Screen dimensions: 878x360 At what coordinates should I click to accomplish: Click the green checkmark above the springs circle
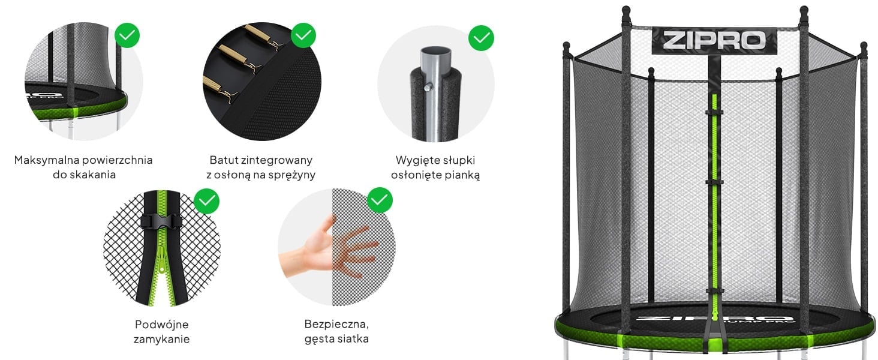(303, 35)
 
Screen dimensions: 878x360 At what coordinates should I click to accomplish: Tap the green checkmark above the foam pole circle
(481, 38)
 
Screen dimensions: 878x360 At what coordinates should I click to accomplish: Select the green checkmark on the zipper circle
(206, 201)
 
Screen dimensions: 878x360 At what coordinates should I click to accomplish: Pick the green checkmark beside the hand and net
(380, 200)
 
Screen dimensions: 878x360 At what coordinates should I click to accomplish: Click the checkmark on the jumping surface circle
(127, 35)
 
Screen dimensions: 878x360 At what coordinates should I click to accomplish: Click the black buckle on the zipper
(161, 223)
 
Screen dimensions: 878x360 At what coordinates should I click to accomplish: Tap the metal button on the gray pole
(428, 87)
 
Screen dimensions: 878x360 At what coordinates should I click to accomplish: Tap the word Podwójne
(161, 325)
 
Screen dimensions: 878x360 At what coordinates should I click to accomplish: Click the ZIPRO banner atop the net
(714, 40)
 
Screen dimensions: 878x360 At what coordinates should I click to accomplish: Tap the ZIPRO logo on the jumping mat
(714, 319)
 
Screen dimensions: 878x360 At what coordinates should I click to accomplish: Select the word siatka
(351, 339)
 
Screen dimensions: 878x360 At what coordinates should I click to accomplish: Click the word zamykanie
(161, 339)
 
